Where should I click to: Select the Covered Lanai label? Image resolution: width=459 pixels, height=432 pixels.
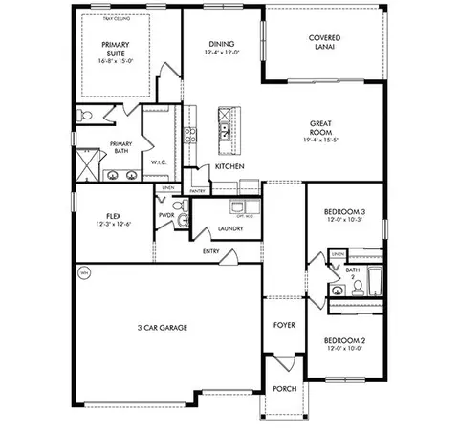[324, 43]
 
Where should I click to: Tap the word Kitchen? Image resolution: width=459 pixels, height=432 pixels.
[229, 166]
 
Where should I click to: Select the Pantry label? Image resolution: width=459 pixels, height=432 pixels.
[198, 191]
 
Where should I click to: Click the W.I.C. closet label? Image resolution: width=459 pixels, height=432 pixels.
[160, 162]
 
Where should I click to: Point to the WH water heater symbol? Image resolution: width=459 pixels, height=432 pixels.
[83, 272]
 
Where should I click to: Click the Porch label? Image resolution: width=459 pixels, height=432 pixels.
[284, 389]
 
